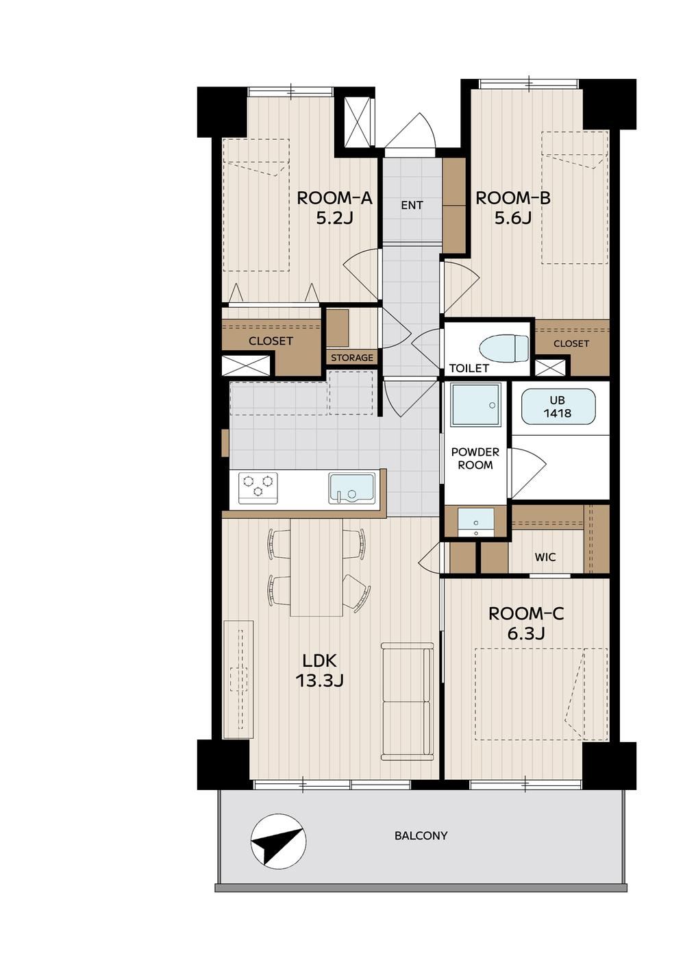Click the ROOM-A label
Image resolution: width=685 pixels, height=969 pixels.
[334, 198]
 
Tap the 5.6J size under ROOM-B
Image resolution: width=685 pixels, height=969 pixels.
[512, 219]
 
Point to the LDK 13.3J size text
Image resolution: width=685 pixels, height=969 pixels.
[319, 681]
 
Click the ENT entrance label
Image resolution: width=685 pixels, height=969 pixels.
[412, 205]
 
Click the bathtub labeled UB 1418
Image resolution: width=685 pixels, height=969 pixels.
[558, 406]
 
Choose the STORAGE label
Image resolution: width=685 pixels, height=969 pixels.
[352, 358]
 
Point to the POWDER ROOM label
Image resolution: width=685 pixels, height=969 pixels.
[475, 458]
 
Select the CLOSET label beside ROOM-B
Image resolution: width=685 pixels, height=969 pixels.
[571, 343]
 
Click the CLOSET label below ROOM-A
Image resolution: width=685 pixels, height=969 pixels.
[271, 341]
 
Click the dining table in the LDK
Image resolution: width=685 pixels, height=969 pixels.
[316, 567]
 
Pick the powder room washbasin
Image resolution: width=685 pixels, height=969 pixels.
[475, 522]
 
